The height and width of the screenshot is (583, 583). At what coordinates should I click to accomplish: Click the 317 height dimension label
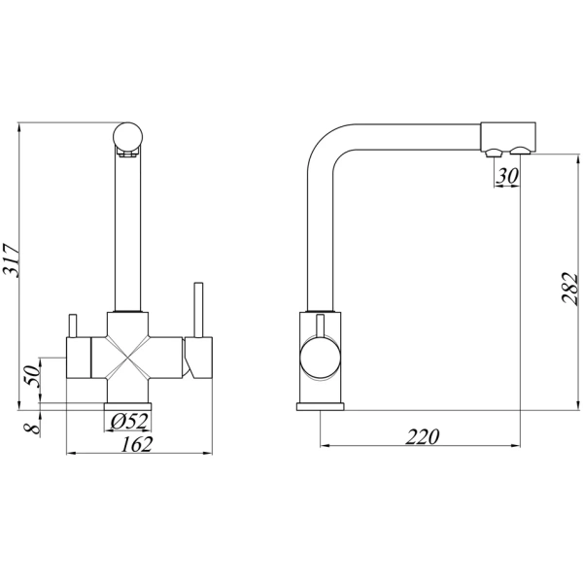pyautogui.click(x=11, y=260)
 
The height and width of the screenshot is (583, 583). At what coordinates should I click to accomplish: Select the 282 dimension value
pyautogui.click(x=570, y=290)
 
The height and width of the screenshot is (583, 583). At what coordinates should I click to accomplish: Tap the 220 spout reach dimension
pyautogui.click(x=422, y=436)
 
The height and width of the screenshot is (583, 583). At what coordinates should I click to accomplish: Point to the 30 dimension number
pyautogui.click(x=507, y=176)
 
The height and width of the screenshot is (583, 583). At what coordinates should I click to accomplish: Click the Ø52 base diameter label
pyautogui.click(x=129, y=422)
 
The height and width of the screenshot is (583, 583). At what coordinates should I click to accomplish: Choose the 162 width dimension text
pyautogui.click(x=136, y=444)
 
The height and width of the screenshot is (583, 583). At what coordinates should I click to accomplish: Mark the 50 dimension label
pyautogui.click(x=32, y=376)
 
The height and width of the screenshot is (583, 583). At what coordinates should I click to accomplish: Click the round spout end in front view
pyautogui.click(x=127, y=138)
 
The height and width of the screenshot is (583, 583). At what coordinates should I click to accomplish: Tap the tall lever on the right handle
pyautogui.click(x=198, y=310)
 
